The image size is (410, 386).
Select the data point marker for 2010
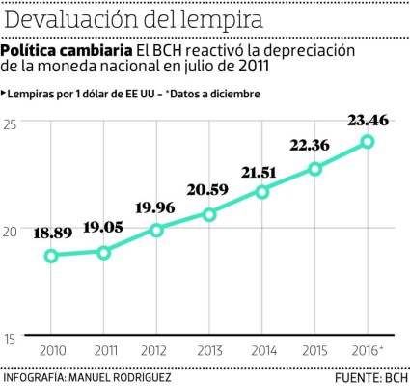click(51, 256)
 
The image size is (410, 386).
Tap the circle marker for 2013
click(209, 214)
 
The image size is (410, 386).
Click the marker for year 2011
click(104, 252)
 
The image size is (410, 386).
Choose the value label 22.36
click(314, 146)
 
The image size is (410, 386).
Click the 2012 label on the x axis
click(156, 349)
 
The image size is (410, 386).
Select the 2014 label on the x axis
click(261, 349)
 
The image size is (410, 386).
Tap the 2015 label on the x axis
click(314, 349)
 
